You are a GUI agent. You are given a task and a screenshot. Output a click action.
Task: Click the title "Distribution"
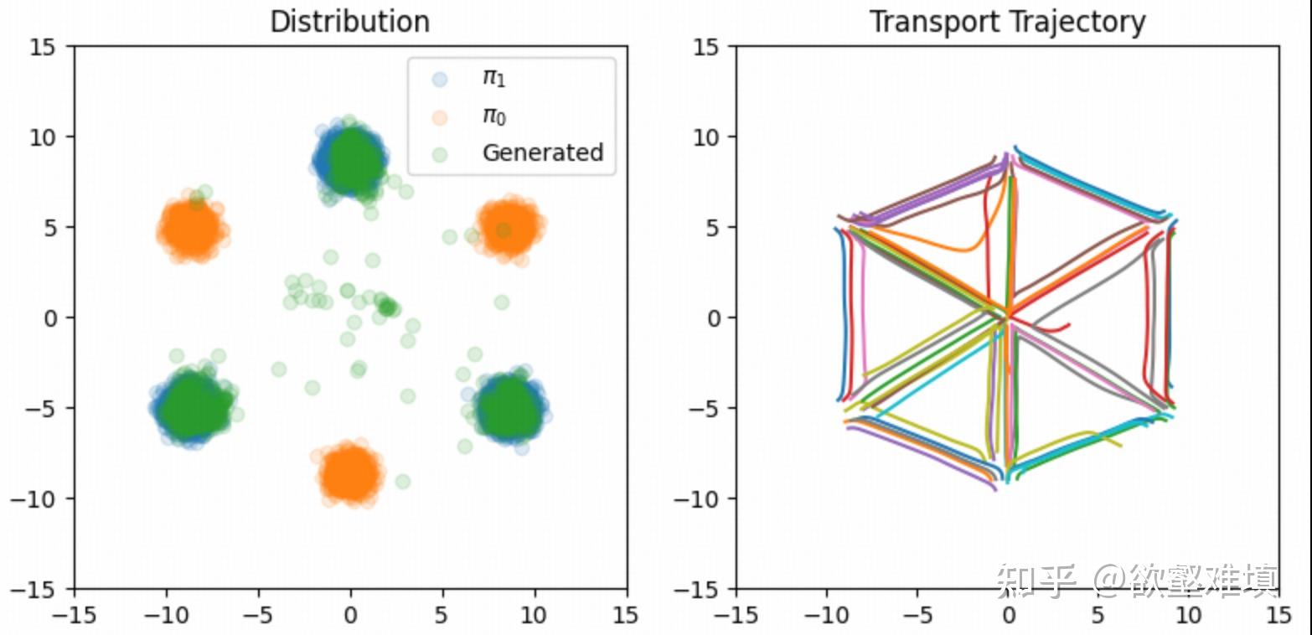click(349, 22)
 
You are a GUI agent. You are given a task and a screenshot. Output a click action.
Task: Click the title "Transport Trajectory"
click(1007, 22)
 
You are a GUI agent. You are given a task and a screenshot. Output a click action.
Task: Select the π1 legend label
click(494, 80)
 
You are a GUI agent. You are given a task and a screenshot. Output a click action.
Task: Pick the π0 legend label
click(494, 116)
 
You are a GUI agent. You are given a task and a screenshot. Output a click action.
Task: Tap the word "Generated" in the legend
click(542, 152)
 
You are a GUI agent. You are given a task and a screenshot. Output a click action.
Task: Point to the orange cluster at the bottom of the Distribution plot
click(351, 473)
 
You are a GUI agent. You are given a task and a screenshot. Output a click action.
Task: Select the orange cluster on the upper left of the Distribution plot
click(193, 228)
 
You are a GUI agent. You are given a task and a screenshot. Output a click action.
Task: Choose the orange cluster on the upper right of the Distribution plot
click(509, 226)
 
